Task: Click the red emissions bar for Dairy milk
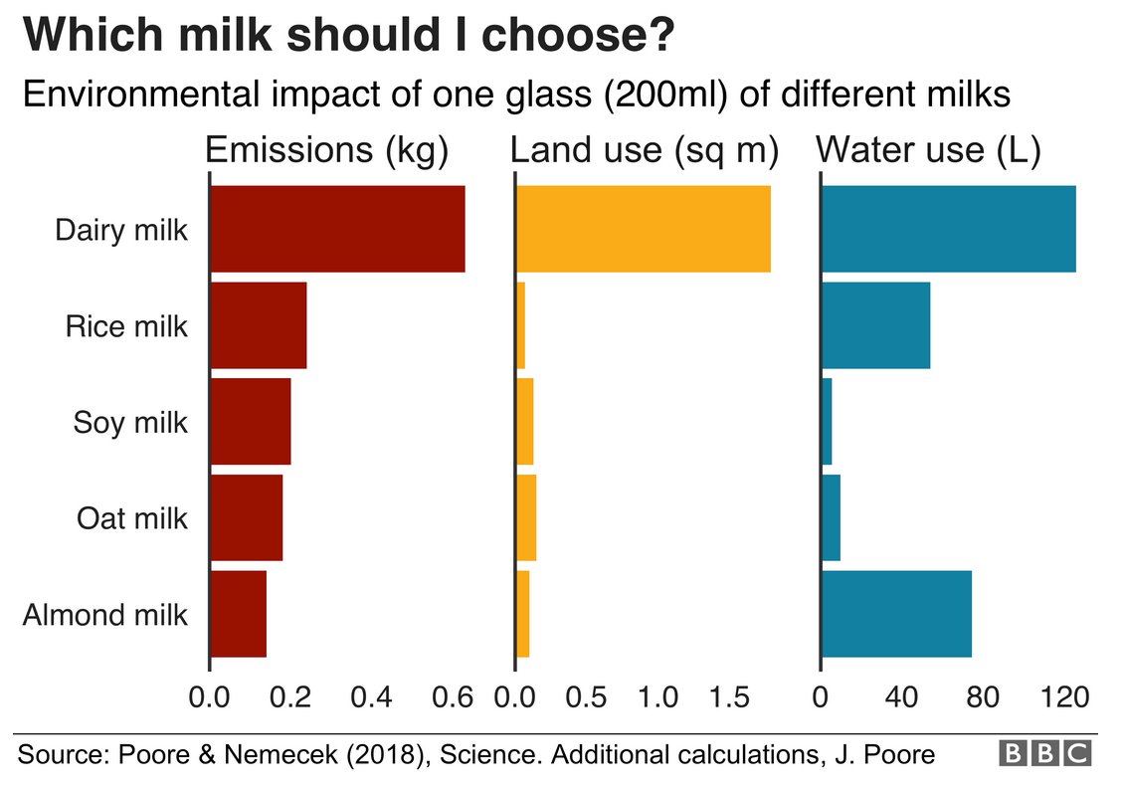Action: click(337, 229)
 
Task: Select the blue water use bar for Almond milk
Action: click(895, 614)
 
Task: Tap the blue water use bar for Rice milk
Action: click(875, 325)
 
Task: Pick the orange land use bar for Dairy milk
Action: click(644, 229)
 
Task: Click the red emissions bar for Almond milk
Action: click(239, 614)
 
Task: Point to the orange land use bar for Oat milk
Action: click(526, 518)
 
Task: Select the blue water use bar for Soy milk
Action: click(827, 422)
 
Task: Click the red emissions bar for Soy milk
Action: click(251, 422)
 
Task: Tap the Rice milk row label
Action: click(126, 326)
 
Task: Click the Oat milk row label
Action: click(131, 518)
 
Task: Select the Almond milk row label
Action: click(104, 615)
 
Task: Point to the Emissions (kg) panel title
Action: click(326, 150)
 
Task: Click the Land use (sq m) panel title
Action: click(644, 150)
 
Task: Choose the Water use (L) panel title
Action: click(927, 150)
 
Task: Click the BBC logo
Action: click(1044, 754)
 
